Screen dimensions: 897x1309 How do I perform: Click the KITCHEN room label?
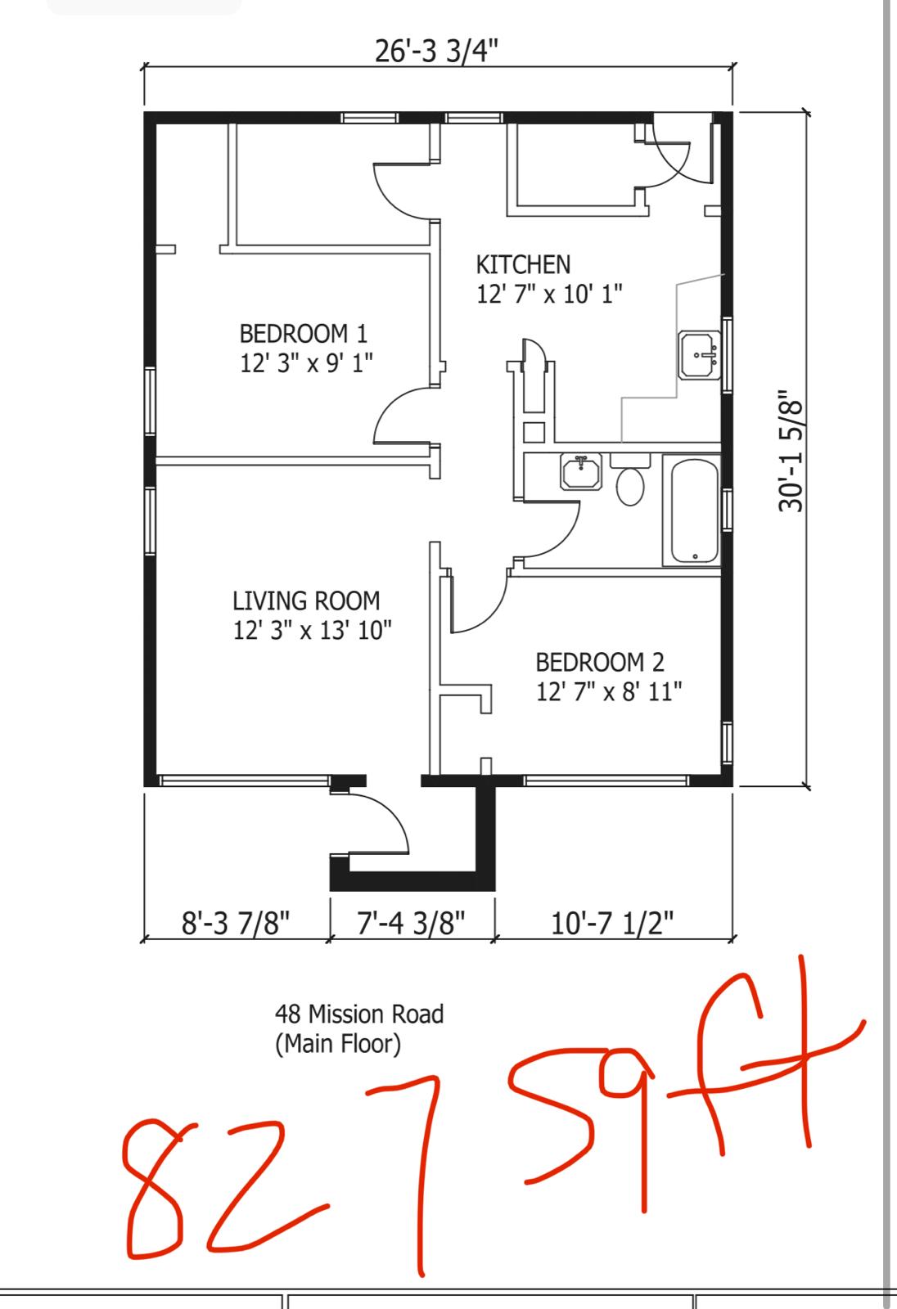tap(523, 265)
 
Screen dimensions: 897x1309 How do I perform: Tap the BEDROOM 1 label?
tap(304, 334)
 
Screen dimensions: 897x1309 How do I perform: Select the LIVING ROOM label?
tap(306, 601)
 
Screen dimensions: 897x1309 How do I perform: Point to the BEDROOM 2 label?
tap(600, 662)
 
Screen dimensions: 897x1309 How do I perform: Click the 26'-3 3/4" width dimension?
tap(436, 51)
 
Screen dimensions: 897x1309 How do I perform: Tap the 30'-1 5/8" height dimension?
tap(791, 451)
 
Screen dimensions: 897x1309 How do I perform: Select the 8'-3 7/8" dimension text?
tap(236, 924)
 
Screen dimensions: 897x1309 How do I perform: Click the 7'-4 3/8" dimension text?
tap(411, 923)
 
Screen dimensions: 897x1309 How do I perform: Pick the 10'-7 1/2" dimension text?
tap(612, 923)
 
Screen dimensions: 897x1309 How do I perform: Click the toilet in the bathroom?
tap(630, 479)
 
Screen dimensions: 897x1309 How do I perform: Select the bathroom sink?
tap(581, 472)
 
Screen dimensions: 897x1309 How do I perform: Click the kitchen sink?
tap(700, 355)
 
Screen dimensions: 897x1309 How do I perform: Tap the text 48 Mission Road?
tap(359, 1014)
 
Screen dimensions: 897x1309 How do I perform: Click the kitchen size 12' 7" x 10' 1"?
tap(549, 294)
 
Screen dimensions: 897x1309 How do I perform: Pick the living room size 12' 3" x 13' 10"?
tap(313, 630)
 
